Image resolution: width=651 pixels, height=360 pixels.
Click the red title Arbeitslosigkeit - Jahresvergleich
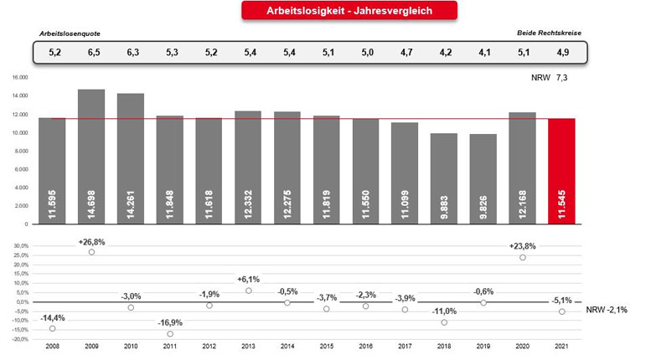pyautogui.click(x=349, y=10)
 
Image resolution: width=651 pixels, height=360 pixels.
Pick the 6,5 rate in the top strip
pyautogui.click(x=91, y=52)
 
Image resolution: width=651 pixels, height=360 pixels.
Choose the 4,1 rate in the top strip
pyautogui.click(x=483, y=52)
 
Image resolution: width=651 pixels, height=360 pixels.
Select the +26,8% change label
pyautogui.click(x=91, y=241)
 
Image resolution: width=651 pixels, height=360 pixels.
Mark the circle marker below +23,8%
pyautogui.click(x=523, y=257)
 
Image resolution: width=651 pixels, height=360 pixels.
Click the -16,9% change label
pyautogui.click(x=170, y=322)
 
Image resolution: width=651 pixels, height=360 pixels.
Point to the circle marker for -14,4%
pyautogui.click(x=52, y=328)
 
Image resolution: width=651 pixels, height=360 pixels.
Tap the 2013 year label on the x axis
pyautogui.click(x=248, y=346)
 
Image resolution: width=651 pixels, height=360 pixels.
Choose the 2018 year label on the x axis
pyautogui.click(x=444, y=346)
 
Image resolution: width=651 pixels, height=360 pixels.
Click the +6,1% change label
pyautogui.click(x=248, y=280)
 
